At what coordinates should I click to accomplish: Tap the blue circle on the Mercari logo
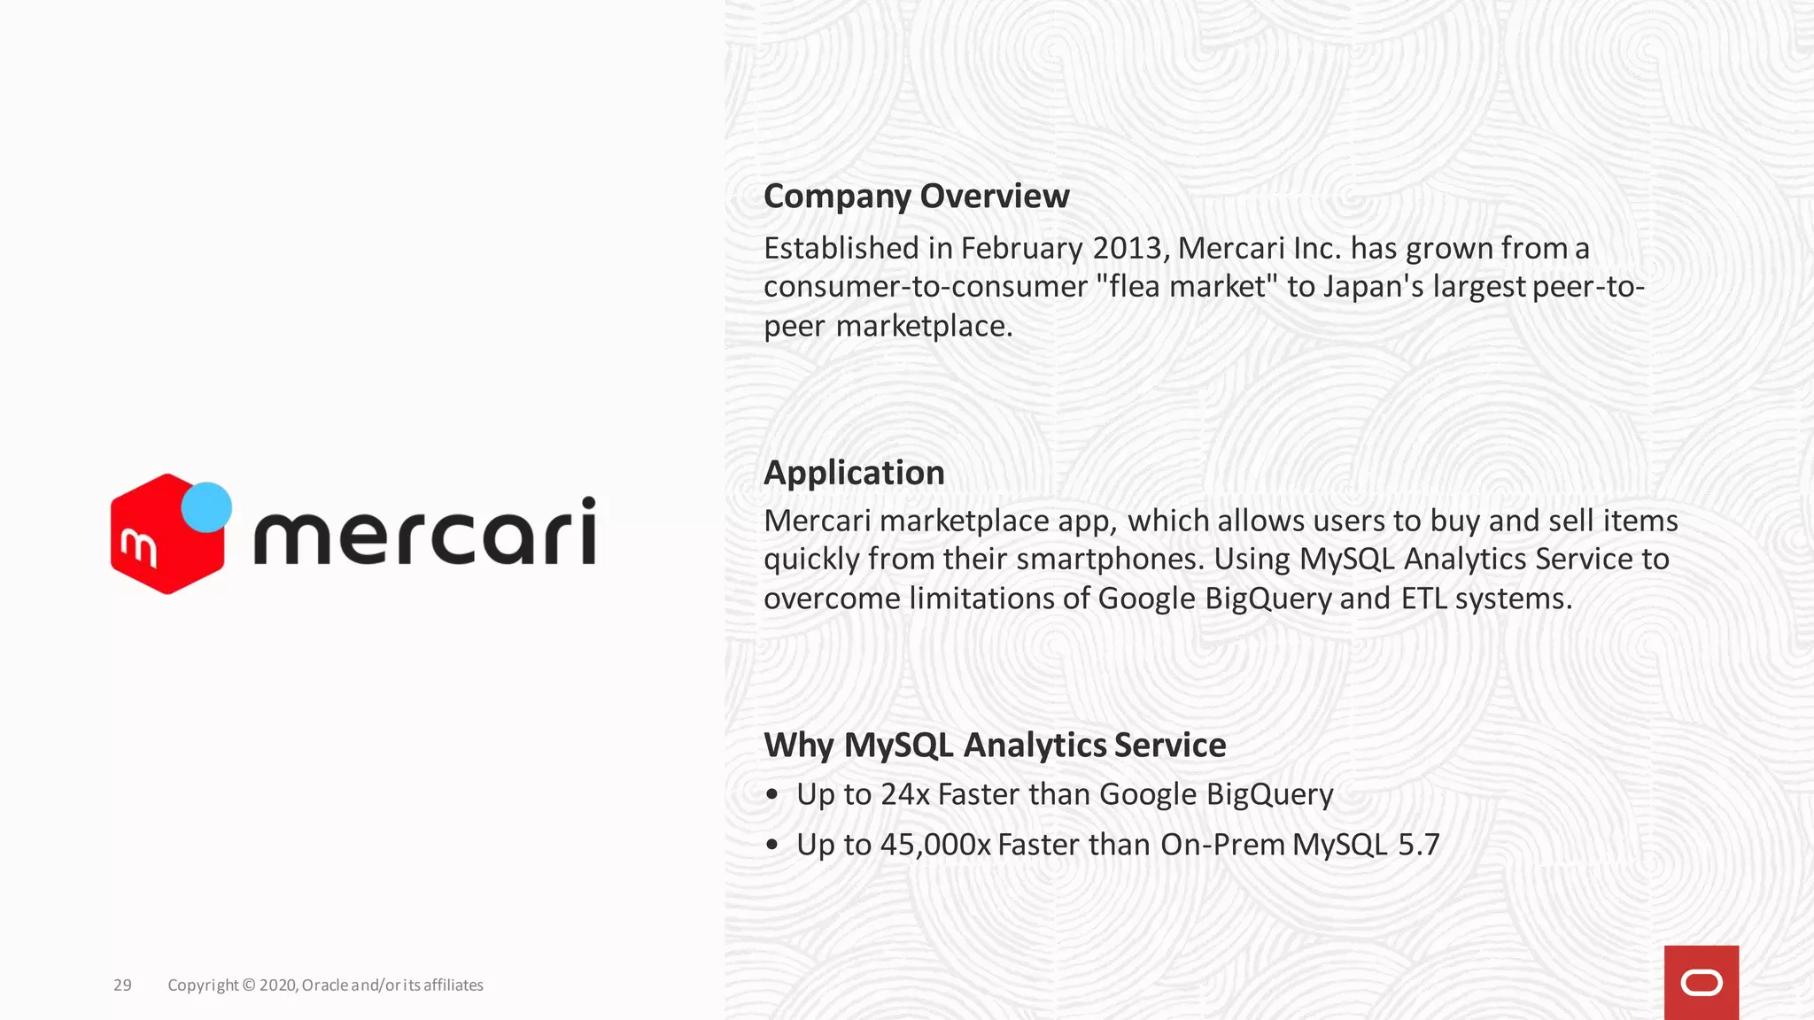click(206, 507)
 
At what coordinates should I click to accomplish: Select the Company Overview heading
click(916, 197)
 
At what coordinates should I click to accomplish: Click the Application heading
click(854, 473)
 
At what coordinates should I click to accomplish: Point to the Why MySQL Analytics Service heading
click(994, 746)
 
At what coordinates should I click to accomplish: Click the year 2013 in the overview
click(1127, 249)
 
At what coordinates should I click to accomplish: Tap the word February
click(1021, 249)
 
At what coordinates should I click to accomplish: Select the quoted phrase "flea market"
click(1188, 287)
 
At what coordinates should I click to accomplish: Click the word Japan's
click(1373, 287)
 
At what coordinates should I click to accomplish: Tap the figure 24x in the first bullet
click(904, 794)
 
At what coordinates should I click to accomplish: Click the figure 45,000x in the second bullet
click(934, 845)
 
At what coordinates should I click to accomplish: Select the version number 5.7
click(1418, 845)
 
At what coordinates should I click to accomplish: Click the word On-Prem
click(1222, 845)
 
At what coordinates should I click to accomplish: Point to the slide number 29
click(122, 985)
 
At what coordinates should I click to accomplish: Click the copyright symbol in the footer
click(248, 985)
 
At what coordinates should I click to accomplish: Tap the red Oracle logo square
click(1701, 983)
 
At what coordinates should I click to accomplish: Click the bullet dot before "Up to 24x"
click(772, 795)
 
